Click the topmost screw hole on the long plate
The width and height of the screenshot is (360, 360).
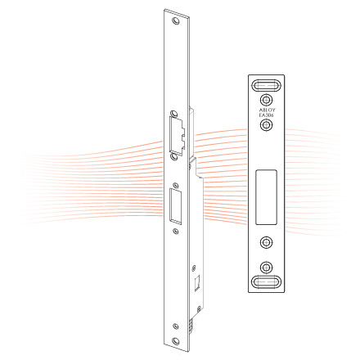176,21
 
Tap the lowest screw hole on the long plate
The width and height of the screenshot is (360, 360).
176,340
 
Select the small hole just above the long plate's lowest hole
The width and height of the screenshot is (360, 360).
176,326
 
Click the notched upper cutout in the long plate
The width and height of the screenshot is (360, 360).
178,136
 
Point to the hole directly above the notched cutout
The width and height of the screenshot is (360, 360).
173,113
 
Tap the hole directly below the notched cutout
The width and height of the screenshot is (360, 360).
173,156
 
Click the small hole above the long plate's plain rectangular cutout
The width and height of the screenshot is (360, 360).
176,185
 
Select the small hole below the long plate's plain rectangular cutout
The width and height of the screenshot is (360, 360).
176,232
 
